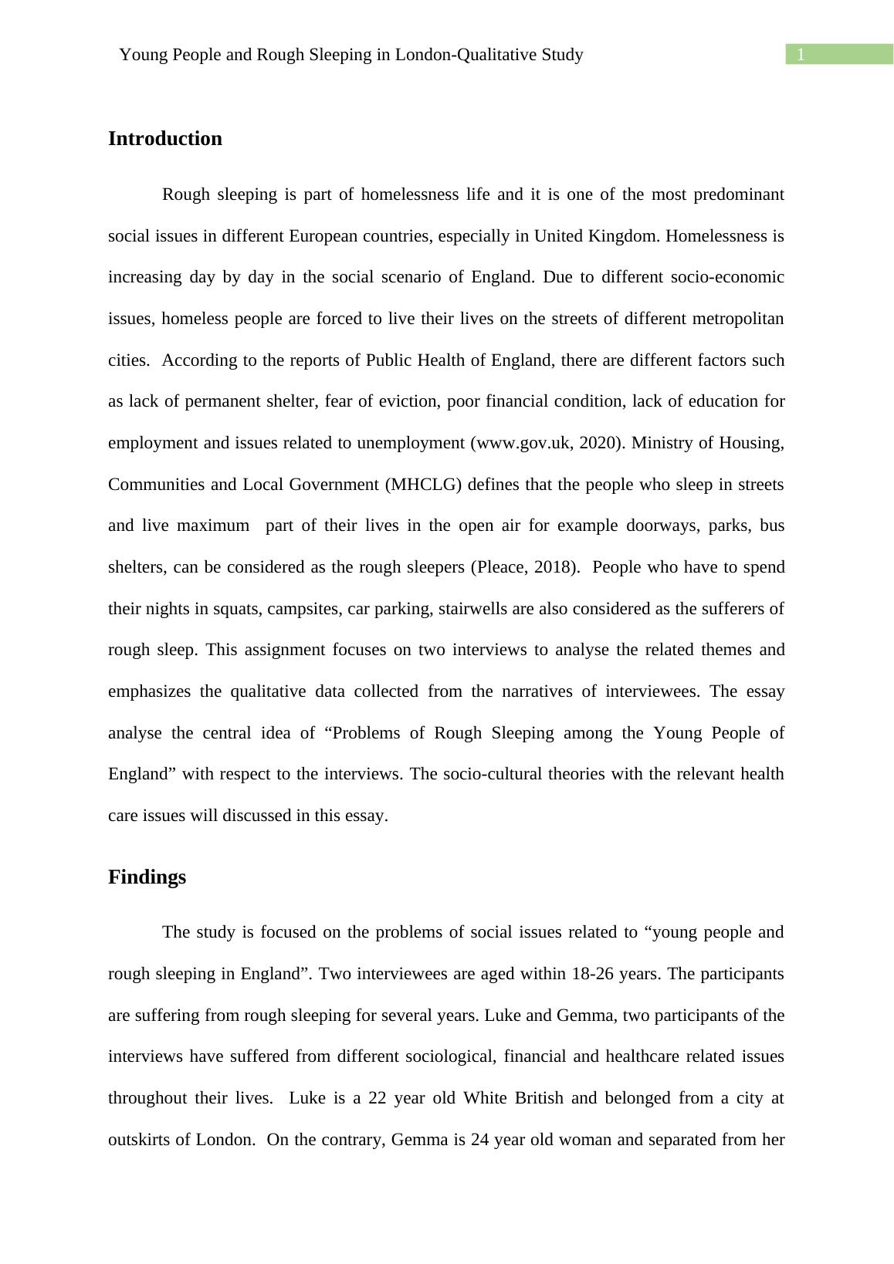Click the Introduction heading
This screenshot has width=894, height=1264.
[164, 139]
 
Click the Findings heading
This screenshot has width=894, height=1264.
[147, 877]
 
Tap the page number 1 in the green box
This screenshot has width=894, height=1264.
[801, 54]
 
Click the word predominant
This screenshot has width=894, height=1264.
[739, 194]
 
